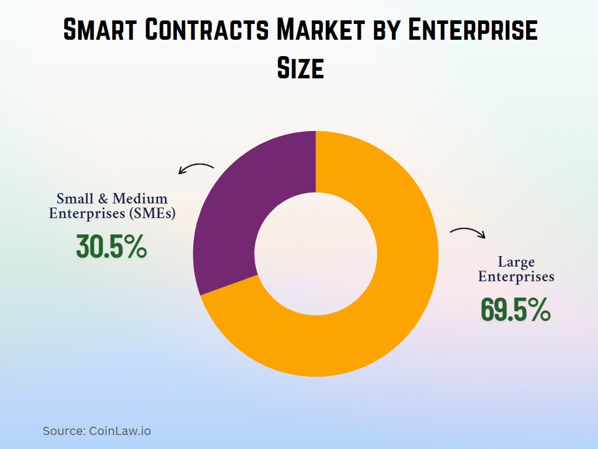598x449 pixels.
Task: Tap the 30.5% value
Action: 111,247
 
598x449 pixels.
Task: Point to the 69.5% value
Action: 515,310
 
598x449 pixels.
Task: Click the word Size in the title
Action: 300,68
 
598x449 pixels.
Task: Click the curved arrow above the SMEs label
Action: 196,168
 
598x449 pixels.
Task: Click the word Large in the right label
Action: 516,262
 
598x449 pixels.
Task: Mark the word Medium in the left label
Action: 140,199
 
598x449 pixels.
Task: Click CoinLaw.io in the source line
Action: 120,431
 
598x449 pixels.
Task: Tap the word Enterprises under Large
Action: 516,277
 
